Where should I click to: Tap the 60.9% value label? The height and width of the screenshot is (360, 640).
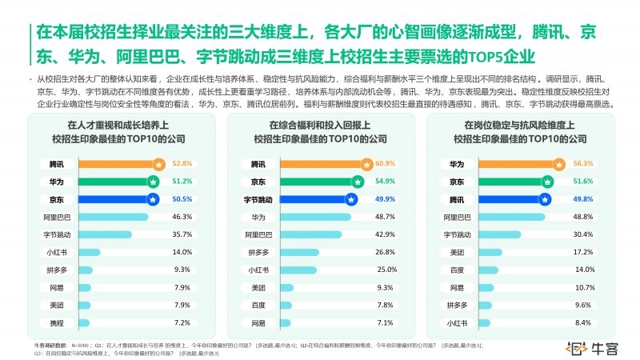(386, 163)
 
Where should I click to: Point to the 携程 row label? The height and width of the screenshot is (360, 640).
(56, 322)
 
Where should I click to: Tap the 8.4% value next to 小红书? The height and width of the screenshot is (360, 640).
(583, 322)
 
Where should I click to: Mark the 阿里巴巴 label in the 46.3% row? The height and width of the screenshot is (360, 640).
(56, 216)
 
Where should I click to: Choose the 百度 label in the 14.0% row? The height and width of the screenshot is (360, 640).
(456, 270)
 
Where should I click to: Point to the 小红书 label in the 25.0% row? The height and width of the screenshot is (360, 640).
(258, 270)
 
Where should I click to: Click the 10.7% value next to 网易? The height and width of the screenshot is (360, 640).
(584, 287)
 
